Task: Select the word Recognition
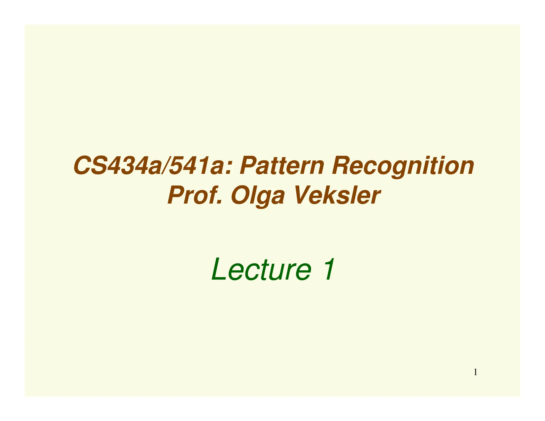403,166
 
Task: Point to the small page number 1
475,372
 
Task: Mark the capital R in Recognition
341,166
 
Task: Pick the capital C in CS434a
82,166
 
